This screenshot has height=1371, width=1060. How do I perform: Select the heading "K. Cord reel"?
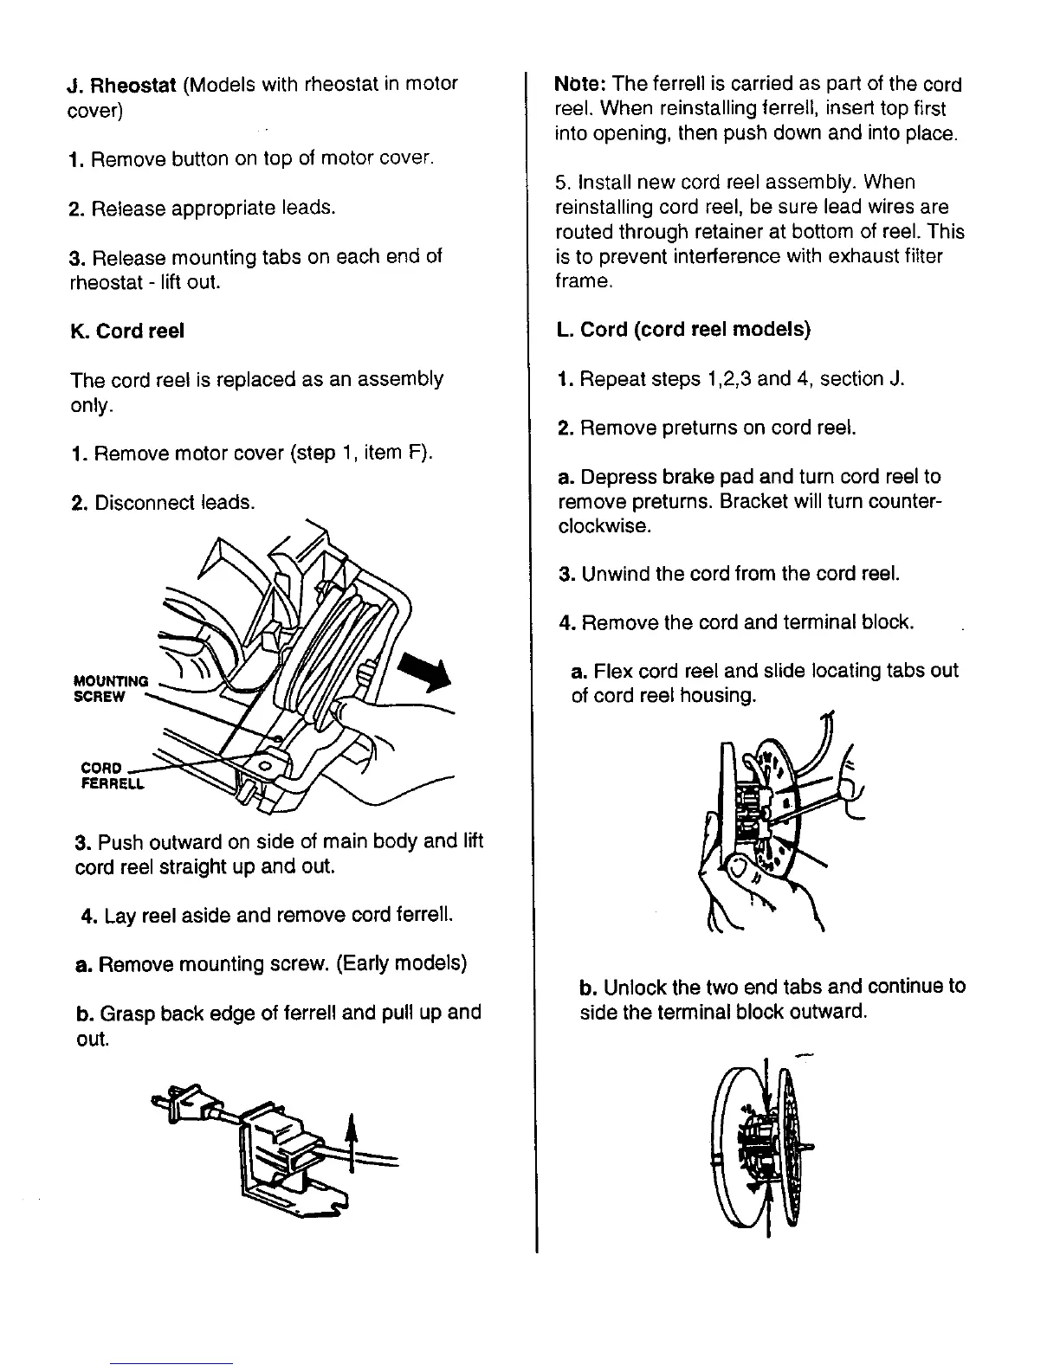pos(127,331)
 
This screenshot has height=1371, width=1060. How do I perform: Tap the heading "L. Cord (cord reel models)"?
pos(684,330)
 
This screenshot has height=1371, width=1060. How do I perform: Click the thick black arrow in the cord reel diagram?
pos(428,673)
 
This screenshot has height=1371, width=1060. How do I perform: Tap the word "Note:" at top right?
pos(580,85)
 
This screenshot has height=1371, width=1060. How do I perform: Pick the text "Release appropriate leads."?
pos(213,209)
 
